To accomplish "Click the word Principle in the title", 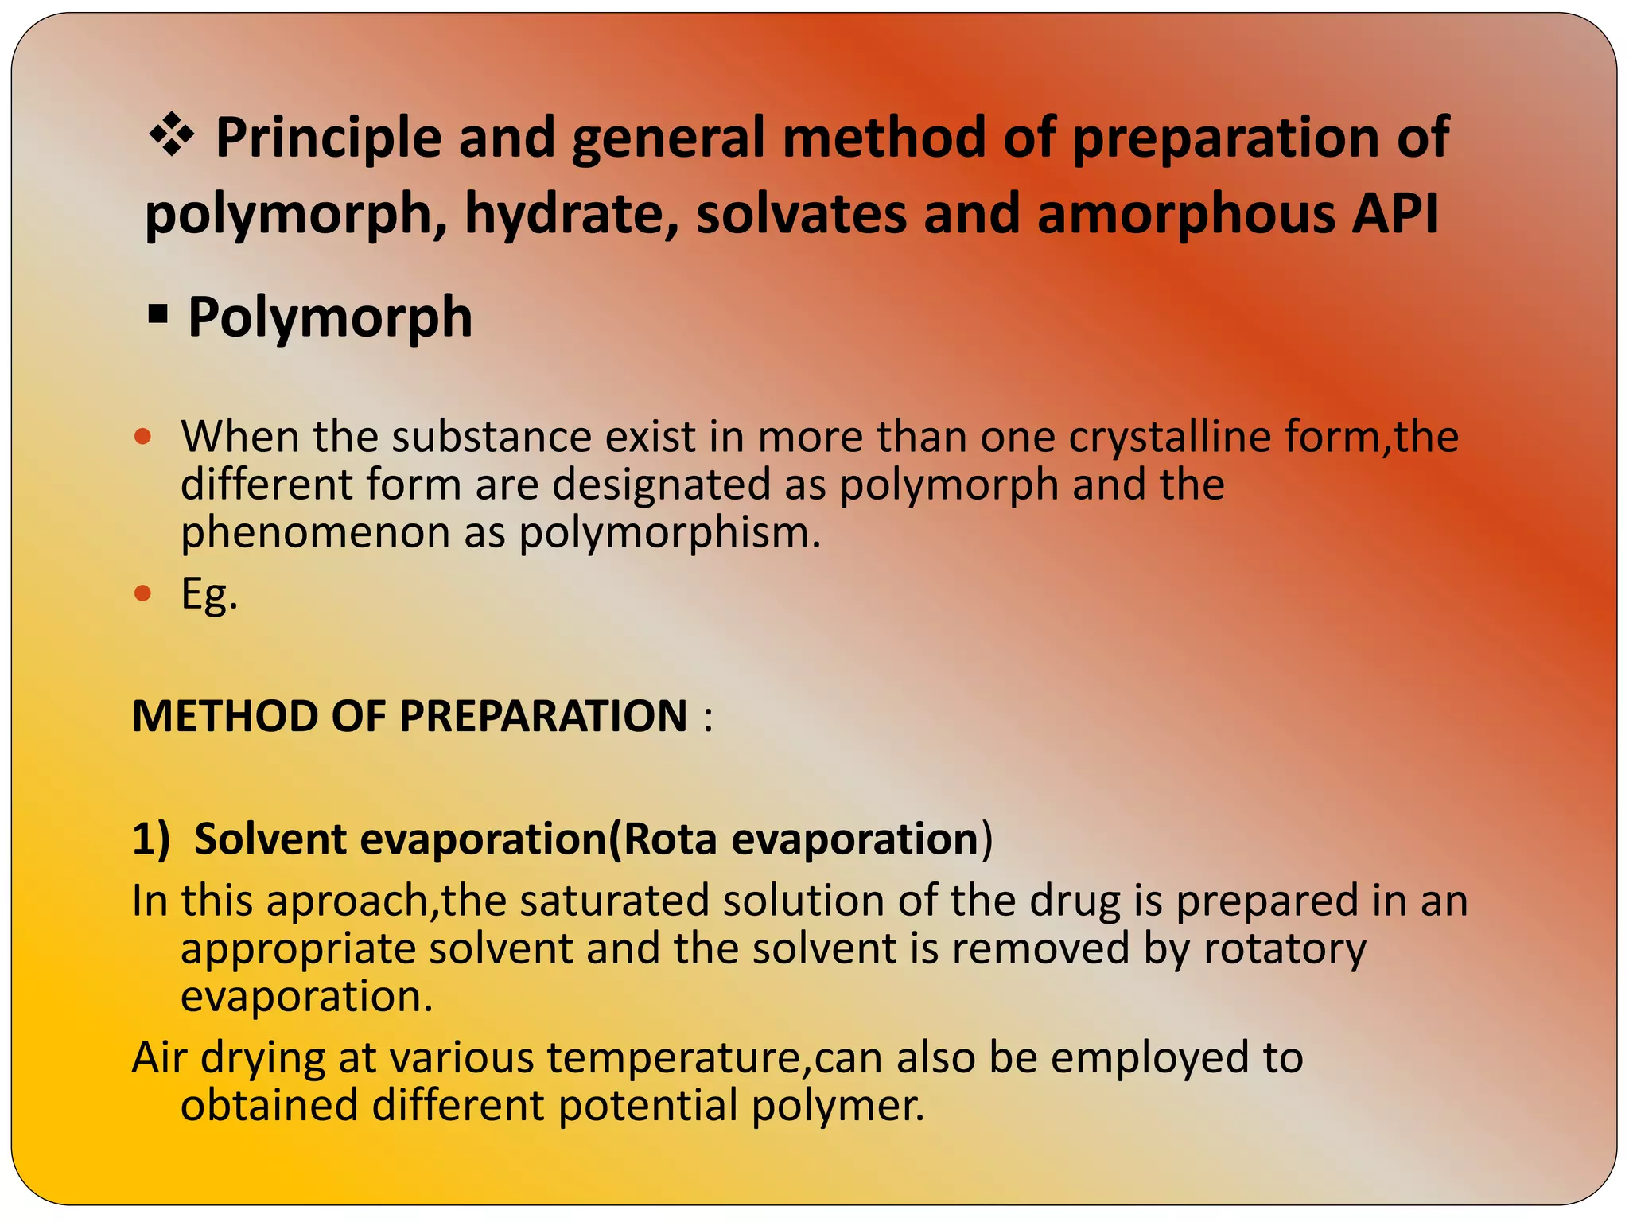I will pyautogui.click(x=328, y=138).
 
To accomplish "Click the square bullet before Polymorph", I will pyautogui.click(x=158, y=315).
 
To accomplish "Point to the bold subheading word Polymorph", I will pyautogui.click(x=330, y=317).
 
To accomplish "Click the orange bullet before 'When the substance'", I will pyautogui.click(x=143, y=436).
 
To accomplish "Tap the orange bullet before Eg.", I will pyautogui.click(x=143, y=593).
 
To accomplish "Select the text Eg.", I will pyautogui.click(x=208, y=593).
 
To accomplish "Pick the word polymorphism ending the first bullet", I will pyautogui.click(x=668, y=532).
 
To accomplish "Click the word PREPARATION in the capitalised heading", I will pyautogui.click(x=542, y=715).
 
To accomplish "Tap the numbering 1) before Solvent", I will pyautogui.click(x=151, y=839).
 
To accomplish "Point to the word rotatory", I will pyautogui.click(x=1285, y=948).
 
